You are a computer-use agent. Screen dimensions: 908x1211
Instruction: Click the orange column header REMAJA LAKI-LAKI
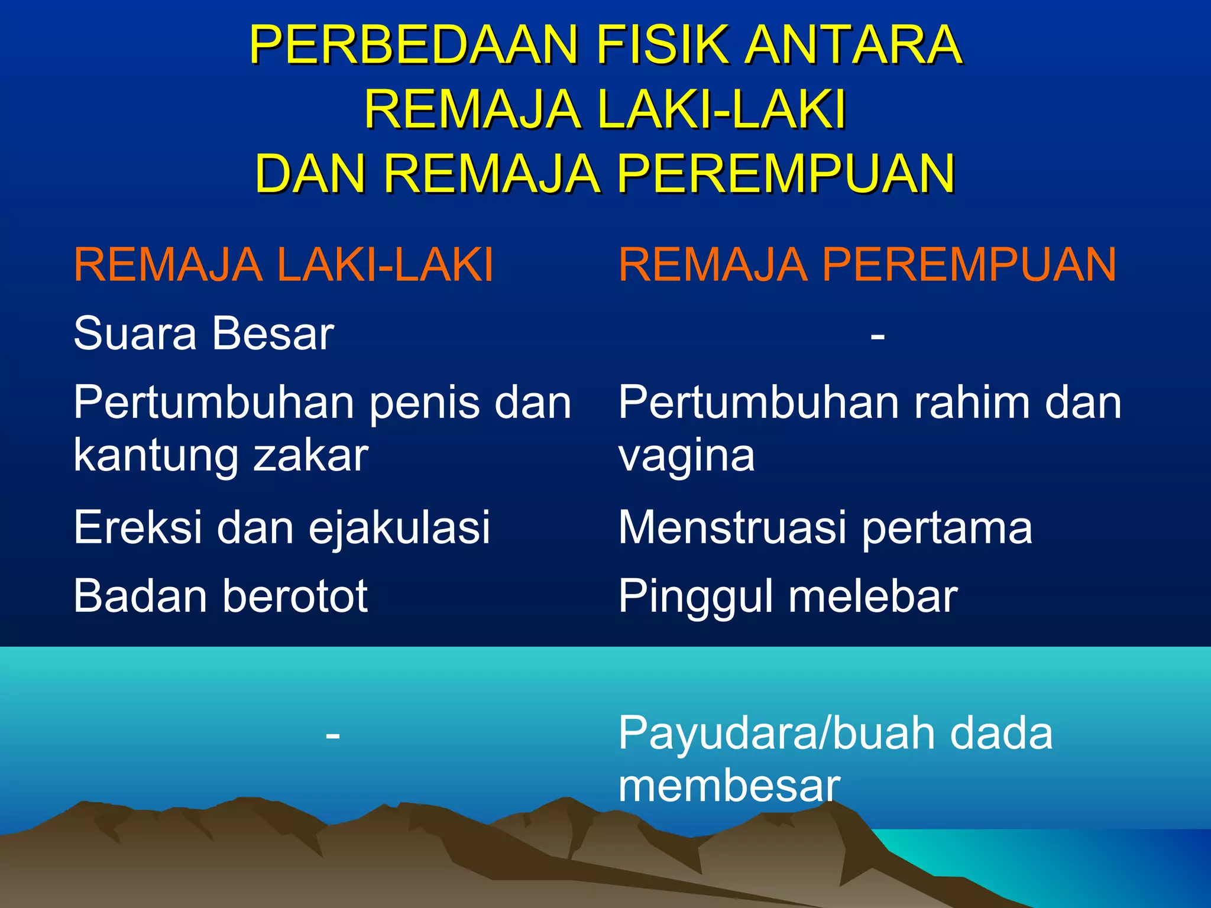(283, 265)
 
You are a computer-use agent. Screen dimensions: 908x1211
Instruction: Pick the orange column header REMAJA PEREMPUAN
(867, 265)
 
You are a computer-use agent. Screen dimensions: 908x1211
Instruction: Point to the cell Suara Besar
(203, 333)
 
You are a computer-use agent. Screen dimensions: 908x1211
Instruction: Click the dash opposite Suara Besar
(878, 336)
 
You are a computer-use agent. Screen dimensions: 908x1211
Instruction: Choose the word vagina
(687, 456)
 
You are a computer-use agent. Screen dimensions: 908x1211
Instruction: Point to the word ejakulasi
(399, 528)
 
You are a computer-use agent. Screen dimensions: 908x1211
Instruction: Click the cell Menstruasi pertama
(825, 527)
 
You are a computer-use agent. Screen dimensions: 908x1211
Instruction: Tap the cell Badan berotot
(221, 595)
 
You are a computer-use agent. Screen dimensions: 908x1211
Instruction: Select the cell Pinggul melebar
(788, 596)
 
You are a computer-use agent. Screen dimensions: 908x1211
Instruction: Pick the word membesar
(729, 786)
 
